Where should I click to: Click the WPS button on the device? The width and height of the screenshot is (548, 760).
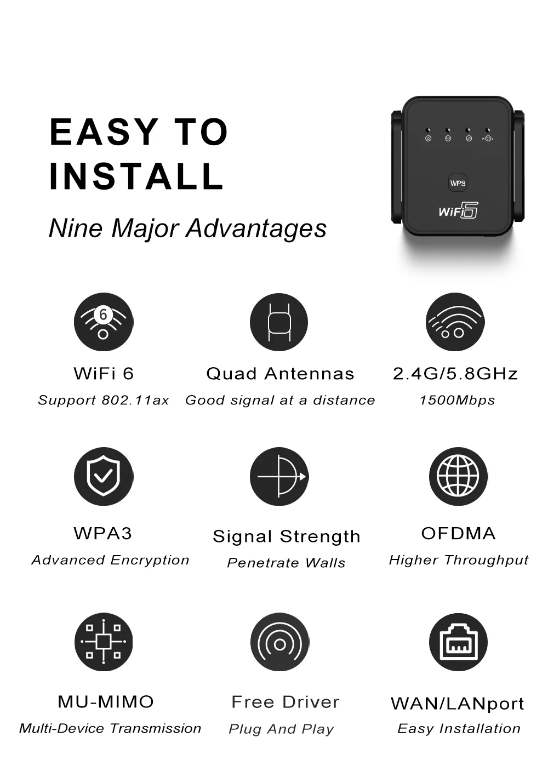pos(458,183)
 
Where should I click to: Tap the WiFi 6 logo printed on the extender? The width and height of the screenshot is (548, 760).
pos(458,210)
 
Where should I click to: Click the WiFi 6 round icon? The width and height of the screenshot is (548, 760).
pos(104,322)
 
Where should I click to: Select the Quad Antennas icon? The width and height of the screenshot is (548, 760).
pos(279,322)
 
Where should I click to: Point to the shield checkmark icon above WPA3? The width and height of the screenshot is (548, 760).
pos(104,476)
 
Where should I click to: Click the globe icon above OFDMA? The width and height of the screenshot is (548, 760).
pos(458,476)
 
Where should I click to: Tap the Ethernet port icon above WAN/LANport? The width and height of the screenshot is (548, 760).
pos(458,642)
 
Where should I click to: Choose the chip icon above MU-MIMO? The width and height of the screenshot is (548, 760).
pos(104,642)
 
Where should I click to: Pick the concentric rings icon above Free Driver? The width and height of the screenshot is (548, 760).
pos(279,643)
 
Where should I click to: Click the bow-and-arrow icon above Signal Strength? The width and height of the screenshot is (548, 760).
pos(279,476)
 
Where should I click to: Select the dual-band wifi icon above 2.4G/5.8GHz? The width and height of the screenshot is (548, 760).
pos(455,322)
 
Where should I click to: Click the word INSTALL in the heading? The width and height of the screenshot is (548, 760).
pos(136,176)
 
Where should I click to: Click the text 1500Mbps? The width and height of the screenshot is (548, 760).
pos(457,401)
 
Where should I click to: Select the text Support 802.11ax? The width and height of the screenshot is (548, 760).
pos(104,401)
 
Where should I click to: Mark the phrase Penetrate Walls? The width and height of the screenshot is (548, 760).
pos(286,563)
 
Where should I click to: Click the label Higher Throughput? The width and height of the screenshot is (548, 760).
pos(459,560)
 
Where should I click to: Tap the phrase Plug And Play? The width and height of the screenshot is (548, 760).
pos(281,729)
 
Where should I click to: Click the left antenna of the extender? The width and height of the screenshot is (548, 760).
pos(397,167)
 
